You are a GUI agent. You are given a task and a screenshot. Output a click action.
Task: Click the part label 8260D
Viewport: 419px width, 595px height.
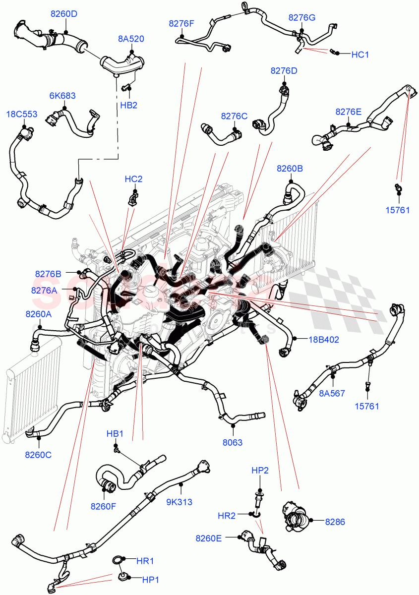(x=63, y=14)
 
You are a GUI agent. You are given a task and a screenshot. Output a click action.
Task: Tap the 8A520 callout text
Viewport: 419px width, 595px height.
(x=131, y=39)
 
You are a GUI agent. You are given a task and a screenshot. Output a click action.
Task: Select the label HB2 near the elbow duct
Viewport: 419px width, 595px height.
(x=128, y=105)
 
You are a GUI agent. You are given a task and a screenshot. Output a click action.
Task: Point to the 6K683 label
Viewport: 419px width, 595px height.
(x=62, y=96)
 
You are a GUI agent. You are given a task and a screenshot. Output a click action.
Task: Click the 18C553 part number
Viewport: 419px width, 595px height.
(x=21, y=114)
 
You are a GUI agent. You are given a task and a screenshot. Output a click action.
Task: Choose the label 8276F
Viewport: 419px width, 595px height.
(x=181, y=23)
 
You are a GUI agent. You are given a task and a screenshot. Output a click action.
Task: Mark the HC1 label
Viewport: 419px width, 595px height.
(x=360, y=55)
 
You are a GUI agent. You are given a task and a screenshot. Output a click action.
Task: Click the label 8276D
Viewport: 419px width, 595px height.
(x=284, y=71)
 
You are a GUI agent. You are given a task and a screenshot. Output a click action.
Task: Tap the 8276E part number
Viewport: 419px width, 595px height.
(x=349, y=112)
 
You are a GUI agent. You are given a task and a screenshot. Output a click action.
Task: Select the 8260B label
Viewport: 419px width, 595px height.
(x=290, y=169)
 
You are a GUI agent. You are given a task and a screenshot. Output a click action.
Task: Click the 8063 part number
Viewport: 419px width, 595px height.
(x=232, y=442)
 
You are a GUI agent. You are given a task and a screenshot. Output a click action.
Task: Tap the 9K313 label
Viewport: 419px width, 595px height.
(x=179, y=502)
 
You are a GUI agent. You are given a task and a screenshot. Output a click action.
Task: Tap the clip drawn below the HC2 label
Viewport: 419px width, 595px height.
(x=131, y=199)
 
